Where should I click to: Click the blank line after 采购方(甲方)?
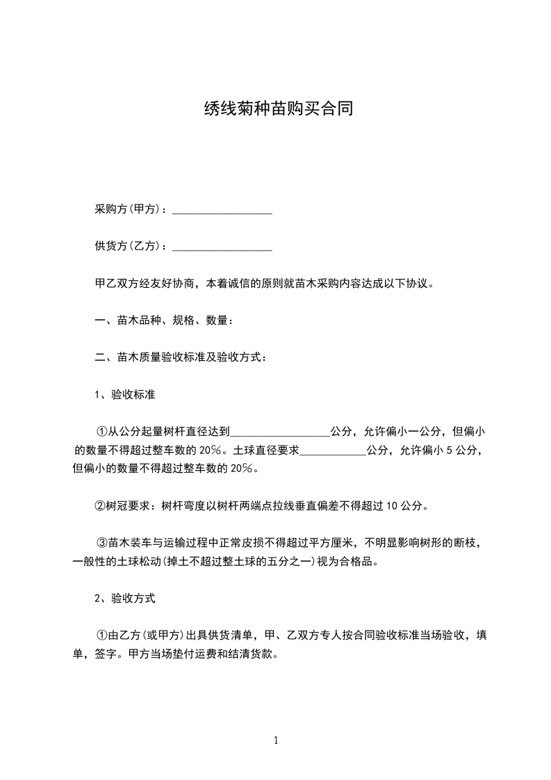(x=222, y=210)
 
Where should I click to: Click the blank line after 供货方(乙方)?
(x=222, y=246)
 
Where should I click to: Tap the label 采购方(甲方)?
(x=129, y=210)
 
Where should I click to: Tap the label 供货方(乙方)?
(x=129, y=246)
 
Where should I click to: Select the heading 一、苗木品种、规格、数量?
(x=163, y=320)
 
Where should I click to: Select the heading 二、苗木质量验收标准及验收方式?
(x=179, y=358)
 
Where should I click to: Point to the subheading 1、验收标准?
(x=124, y=395)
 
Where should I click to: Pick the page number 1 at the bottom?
(x=276, y=740)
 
